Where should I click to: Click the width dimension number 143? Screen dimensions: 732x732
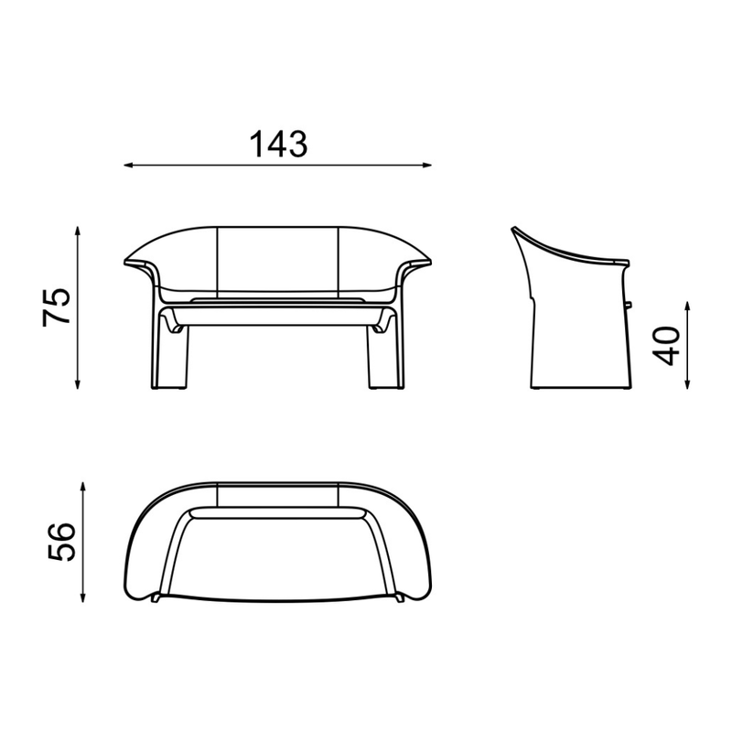[x=279, y=144]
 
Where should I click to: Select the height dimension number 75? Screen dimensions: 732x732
[x=57, y=307]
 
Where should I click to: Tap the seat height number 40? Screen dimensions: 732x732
[x=666, y=346]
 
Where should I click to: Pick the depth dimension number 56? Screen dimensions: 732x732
[x=61, y=542]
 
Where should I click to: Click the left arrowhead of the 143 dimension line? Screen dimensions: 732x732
[x=129, y=165]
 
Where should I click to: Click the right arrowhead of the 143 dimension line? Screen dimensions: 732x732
[x=426, y=165]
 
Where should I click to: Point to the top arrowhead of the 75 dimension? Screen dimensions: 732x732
[x=78, y=232]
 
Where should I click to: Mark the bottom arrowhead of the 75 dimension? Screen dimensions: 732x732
[x=78, y=383]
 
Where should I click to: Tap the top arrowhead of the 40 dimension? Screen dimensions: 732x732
[x=687, y=307]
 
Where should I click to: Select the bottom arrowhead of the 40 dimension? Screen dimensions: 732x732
[x=687, y=383]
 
